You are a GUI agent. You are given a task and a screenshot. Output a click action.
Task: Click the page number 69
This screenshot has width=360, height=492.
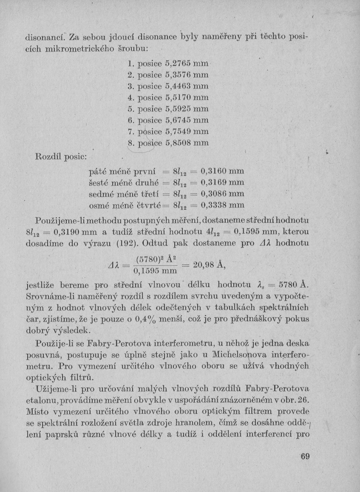pyautogui.click(x=306, y=458)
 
